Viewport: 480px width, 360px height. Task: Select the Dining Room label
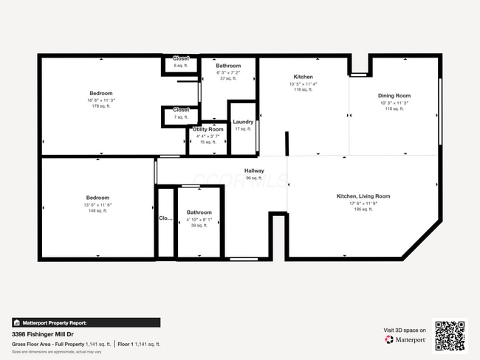click(x=394, y=96)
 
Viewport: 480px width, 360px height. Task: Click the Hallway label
click(x=254, y=171)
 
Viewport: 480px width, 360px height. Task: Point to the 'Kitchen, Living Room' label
click(x=363, y=196)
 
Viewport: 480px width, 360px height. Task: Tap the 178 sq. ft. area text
click(x=101, y=106)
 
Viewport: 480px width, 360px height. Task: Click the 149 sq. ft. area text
click(x=97, y=211)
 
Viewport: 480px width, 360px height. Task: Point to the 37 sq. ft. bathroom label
click(x=227, y=79)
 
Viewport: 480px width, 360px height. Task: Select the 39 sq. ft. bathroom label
click(x=199, y=226)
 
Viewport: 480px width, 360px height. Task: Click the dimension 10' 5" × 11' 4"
click(x=303, y=83)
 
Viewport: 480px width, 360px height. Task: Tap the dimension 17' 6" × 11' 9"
click(x=363, y=204)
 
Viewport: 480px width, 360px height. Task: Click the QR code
click(x=450, y=335)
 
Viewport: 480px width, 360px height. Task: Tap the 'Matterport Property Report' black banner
click(x=86, y=322)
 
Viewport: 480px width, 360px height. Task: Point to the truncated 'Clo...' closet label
click(x=165, y=218)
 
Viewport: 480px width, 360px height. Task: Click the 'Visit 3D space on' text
click(x=405, y=330)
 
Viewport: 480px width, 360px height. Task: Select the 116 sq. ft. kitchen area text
click(x=303, y=89)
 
